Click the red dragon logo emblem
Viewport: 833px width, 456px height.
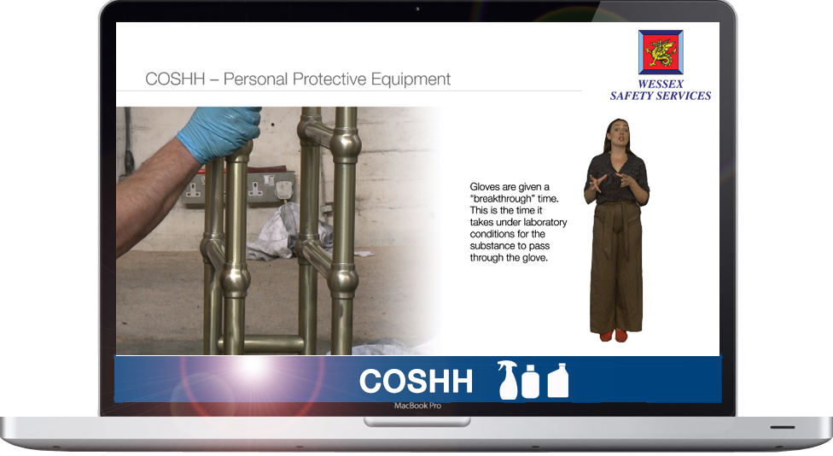[x=661, y=52]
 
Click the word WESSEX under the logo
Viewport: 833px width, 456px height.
[x=661, y=84]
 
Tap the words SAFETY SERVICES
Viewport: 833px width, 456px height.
[x=661, y=96]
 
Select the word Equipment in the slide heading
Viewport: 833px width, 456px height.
[x=411, y=79]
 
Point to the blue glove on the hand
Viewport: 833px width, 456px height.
[x=218, y=133]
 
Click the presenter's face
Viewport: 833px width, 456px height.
[x=620, y=133]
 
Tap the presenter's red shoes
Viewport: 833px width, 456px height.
[x=614, y=336]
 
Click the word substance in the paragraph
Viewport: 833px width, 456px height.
[x=491, y=246]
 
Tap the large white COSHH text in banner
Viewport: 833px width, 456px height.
[x=416, y=381]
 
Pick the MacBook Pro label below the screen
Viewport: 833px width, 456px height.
[x=417, y=406]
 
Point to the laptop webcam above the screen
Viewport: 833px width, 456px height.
[x=417, y=9]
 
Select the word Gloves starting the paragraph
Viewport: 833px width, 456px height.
[x=485, y=187]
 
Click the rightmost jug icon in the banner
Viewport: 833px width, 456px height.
[x=558, y=380]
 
